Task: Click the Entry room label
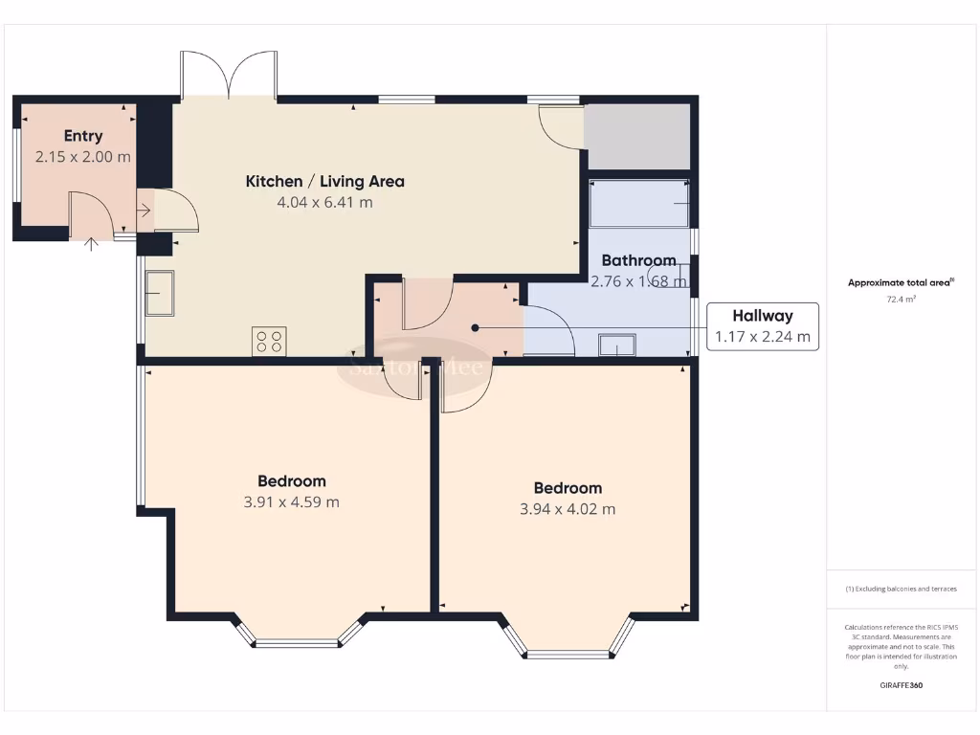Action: [83, 136]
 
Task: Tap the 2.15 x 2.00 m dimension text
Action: [83, 157]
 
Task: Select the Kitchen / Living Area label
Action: [324, 181]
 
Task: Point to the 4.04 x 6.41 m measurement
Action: [324, 202]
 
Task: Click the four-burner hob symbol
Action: [269, 342]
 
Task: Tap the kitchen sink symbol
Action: [159, 292]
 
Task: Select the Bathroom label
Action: [638, 260]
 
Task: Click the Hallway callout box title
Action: [762, 316]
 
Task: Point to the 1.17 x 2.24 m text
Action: [762, 337]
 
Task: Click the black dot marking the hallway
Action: [475, 327]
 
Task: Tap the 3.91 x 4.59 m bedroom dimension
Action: [291, 501]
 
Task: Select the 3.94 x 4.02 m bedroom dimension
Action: [568, 509]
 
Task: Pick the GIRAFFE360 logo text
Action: [901, 685]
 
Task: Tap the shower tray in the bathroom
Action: [639, 203]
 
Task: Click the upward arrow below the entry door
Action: [92, 244]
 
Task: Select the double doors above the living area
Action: [230, 77]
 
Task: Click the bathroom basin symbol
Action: [616, 344]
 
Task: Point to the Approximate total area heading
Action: [899, 282]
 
